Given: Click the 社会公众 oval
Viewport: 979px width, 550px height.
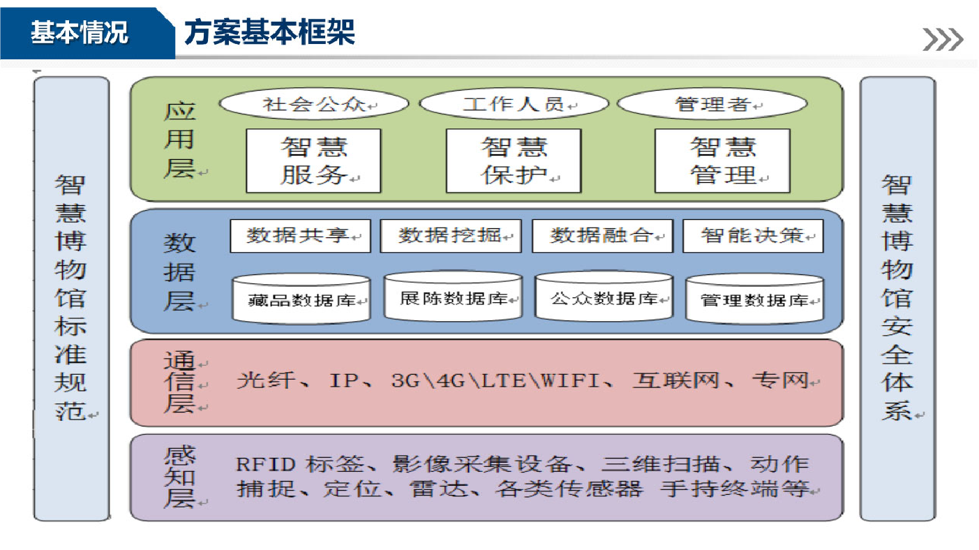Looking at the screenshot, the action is (314, 104).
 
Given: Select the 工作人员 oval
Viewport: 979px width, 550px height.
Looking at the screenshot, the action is (514, 104).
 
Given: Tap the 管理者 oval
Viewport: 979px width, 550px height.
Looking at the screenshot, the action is (712, 104).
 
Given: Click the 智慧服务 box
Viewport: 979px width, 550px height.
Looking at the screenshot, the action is (313, 161).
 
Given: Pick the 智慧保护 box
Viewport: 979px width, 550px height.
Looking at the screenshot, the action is (514, 161).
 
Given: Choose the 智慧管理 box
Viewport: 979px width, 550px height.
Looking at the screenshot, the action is (722, 161).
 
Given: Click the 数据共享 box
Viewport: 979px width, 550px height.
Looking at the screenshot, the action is (300, 236).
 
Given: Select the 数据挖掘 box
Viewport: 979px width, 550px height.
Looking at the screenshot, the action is (451, 236).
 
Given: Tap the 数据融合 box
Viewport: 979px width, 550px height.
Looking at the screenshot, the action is (602, 236).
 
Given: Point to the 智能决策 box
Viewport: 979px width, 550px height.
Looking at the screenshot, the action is (753, 236).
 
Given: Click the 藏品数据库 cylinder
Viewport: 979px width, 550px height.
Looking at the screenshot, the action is (301, 299).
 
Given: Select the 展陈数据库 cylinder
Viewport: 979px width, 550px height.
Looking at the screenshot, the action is (454, 297).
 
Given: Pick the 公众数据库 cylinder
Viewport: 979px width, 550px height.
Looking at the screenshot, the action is (604, 297).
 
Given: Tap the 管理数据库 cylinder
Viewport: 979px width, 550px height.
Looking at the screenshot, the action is (755, 299).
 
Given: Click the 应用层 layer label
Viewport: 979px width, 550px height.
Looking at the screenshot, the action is (179, 140).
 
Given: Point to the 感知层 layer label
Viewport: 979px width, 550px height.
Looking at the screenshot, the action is (179, 477).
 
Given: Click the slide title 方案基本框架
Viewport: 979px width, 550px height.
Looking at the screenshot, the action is (269, 32).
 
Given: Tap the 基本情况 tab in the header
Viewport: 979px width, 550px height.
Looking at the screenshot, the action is (79, 32).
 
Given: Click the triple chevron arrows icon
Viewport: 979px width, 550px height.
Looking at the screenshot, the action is (943, 39).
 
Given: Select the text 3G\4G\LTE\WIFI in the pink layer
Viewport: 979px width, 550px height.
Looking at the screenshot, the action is (495, 380).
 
